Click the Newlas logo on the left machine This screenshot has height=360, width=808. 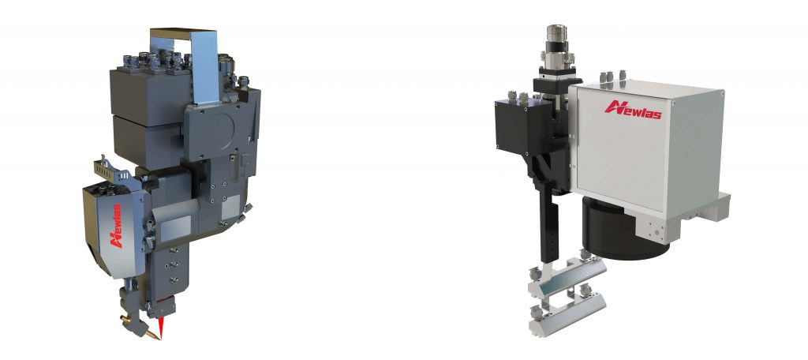[x=117, y=226]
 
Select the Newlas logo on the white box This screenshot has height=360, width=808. [x=633, y=109]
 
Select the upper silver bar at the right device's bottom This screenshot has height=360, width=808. [x=566, y=278]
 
